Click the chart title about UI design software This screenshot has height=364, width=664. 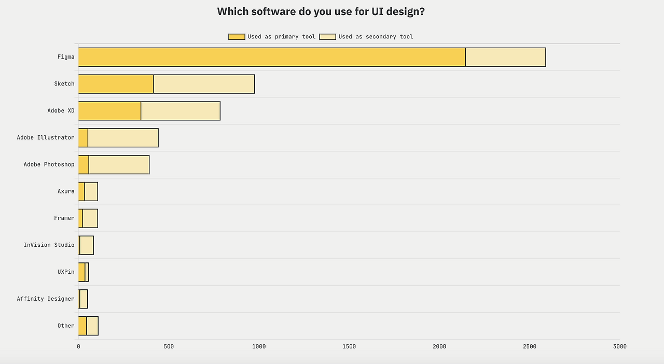click(321, 11)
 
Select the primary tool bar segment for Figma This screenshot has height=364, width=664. click(272, 57)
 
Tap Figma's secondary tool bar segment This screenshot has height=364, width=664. click(505, 57)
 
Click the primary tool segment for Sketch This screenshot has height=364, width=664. click(116, 84)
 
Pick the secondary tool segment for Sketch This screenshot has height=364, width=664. click(204, 84)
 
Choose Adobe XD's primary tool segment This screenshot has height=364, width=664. click(109, 111)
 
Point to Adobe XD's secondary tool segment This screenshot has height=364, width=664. click(181, 111)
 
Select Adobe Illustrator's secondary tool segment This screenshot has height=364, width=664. click(123, 138)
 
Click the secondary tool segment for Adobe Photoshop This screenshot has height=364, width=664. click(119, 165)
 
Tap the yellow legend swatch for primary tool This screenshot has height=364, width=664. click(237, 37)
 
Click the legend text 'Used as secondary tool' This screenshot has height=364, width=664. click(376, 37)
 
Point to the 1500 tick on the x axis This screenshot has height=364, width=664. click(349, 346)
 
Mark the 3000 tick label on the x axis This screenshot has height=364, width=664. click(619, 346)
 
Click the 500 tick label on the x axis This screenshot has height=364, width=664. click(169, 346)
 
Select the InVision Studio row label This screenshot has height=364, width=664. click(49, 245)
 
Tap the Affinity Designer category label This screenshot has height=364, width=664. click(46, 299)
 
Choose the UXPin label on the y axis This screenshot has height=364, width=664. click(66, 272)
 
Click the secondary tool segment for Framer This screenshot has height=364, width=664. click(90, 218)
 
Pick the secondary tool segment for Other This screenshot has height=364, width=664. click(92, 326)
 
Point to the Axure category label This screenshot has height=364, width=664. click(66, 191)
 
